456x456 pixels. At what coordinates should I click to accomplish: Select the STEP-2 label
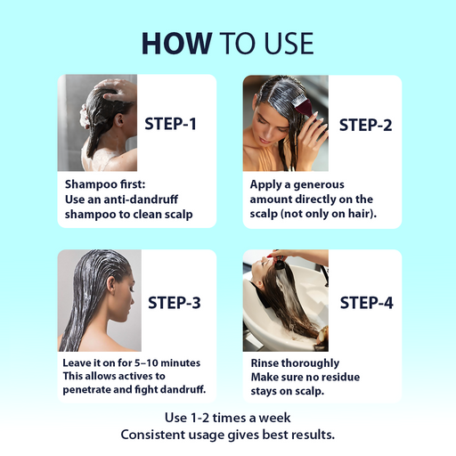click(365, 124)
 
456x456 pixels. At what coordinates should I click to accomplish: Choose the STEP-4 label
click(365, 302)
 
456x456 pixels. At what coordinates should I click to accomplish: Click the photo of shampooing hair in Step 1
click(98, 123)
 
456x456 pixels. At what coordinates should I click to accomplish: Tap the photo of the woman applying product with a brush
click(285, 123)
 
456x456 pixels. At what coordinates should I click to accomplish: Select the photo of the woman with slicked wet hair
click(98, 300)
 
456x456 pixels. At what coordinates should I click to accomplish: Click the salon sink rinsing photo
click(285, 300)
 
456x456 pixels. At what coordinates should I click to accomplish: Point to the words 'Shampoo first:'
click(101, 184)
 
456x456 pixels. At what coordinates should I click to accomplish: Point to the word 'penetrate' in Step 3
click(94, 390)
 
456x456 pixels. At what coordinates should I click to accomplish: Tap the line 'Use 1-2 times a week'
click(228, 418)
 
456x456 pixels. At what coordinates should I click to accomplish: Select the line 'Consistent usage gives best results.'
click(228, 434)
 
